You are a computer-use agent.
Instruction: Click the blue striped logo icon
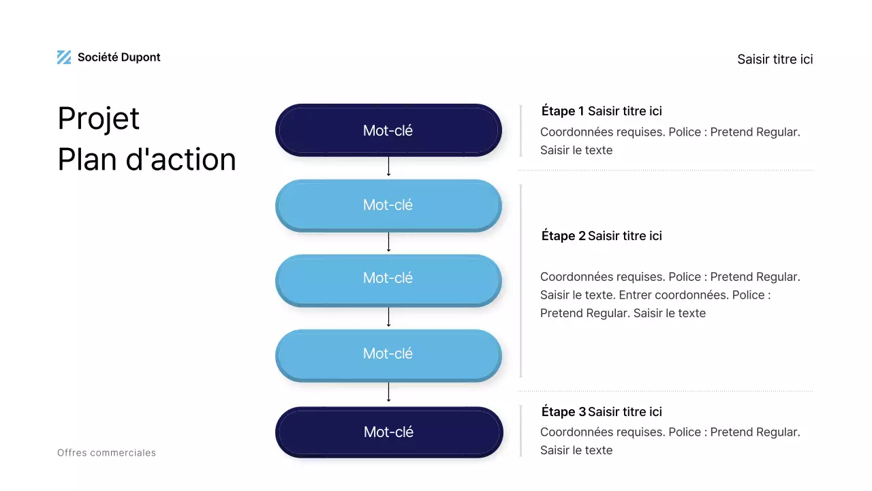[x=64, y=57]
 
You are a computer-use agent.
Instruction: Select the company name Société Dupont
[x=119, y=57]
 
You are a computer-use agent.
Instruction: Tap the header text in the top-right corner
[x=775, y=59]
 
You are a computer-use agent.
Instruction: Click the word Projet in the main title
[x=99, y=119]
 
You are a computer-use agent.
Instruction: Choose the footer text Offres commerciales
[x=106, y=453]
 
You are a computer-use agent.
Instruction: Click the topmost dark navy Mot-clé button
[x=388, y=130]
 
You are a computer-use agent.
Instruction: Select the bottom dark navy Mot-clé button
[x=388, y=432]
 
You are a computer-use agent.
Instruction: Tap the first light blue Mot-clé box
[x=388, y=205]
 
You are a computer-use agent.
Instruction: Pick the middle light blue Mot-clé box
[x=388, y=278]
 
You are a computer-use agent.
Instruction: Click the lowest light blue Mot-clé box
[x=388, y=353]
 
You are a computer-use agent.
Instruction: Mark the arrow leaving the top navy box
[x=388, y=166]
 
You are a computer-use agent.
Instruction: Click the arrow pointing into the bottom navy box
[x=388, y=393]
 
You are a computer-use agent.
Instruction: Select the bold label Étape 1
[x=563, y=111]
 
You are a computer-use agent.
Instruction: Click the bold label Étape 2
[x=563, y=236]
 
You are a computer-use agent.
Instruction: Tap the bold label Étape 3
[x=563, y=412]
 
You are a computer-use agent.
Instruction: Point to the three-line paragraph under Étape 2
[x=670, y=295]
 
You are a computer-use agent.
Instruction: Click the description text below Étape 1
[x=670, y=141]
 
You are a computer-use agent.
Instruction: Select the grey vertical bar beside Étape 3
[x=520, y=430]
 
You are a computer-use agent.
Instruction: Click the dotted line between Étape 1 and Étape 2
[x=666, y=170]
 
